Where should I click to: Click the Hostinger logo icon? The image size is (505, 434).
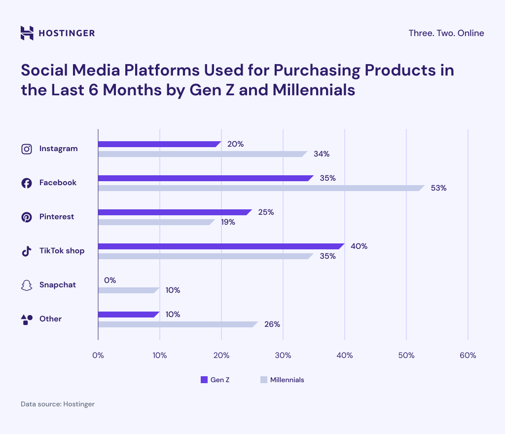coord(27,33)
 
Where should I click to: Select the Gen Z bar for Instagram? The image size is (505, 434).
coord(159,144)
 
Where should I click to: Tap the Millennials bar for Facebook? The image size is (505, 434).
coord(260,188)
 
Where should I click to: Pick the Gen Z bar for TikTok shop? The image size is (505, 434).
coord(220,246)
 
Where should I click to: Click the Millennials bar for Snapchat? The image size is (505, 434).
coord(128,290)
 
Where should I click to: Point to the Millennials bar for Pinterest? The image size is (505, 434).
coord(156,222)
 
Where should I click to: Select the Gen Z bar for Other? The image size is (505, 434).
coord(128,315)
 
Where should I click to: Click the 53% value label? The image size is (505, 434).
coord(438,188)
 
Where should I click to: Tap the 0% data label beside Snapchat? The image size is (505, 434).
coord(109,280)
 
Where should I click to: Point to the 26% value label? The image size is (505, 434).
coord(272,324)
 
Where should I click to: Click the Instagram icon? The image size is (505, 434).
coord(27,149)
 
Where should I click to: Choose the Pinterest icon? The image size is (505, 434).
coord(27,217)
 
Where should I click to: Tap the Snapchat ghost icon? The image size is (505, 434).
coord(27,285)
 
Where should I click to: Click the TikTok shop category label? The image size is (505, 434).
coord(62,251)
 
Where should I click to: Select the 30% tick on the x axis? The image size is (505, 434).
coord(283,355)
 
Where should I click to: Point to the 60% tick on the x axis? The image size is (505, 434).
coord(468,355)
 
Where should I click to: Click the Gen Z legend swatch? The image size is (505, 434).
coord(204,380)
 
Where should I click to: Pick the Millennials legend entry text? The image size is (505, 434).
coord(287,380)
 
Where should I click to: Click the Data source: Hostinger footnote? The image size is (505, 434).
coord(57,404)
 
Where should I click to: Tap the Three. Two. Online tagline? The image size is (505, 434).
coord(446,33)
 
